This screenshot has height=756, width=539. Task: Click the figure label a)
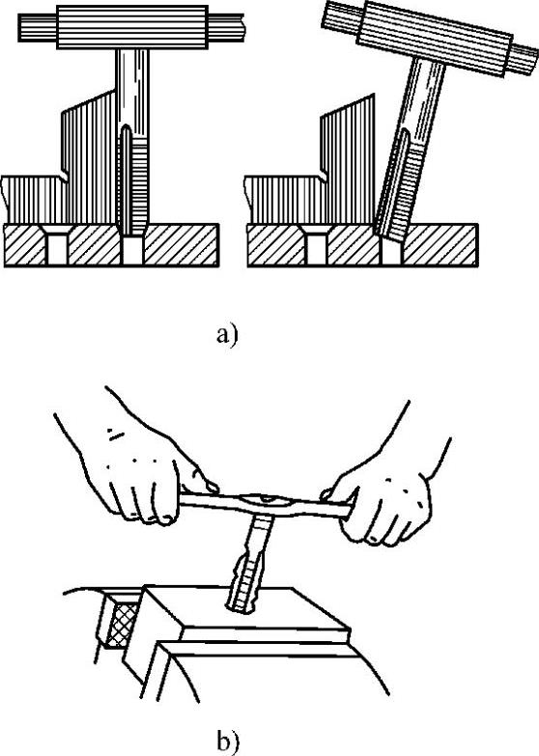pyautogui.click(x=227, y=335)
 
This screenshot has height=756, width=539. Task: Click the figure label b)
pyautogui.click(x=228, y=742)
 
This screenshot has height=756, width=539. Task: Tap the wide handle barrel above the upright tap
pyautogui.click(x=132, y=27)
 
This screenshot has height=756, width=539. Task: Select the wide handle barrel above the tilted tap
pyautogui.click(x=435, y=39)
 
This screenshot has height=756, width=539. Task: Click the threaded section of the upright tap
pyautogui.click(x=132, y=183)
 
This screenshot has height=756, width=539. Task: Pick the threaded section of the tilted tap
pyautogui.click(x=395, y=193)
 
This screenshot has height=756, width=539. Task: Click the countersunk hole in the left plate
pyautogui.click(x=57, y=245)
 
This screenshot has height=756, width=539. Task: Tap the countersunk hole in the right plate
pyautogui.click(x=316, y=245)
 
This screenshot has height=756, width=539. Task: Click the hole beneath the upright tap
pyautogui.click(x=132, y=251)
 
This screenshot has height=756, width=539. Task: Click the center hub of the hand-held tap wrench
pyautogui.click(x=267, y=503)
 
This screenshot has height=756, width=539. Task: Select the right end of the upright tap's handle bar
pyautogui.click(x=241, y=27)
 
